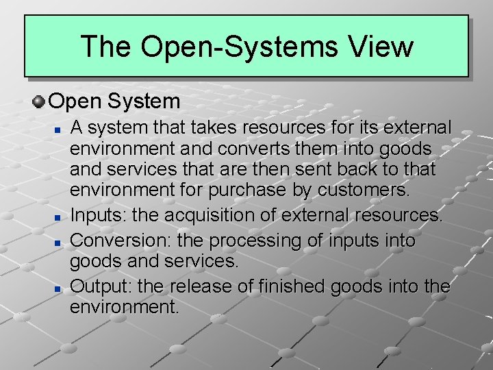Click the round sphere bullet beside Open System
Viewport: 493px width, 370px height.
39,102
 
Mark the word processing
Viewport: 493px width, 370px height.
251,241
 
